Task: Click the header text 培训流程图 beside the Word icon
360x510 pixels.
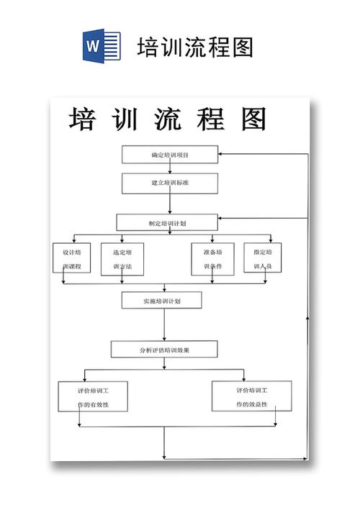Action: [x=195, y=47]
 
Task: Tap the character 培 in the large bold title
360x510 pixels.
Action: [x=85, y=119]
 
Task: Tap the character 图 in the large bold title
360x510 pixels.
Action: [x=254, y=119]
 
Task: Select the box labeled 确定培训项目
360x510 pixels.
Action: [x=170, y=155]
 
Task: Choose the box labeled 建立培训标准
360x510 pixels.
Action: [x=170, y=183]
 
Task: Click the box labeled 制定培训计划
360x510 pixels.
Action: [x=167, y=223]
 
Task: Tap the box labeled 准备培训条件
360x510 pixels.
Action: [x=212, y=259]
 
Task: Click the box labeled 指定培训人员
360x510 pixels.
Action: [x=262, y=259]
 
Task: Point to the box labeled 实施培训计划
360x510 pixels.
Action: [x=162, y=300]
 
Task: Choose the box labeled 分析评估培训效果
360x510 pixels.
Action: [x=164, y=350]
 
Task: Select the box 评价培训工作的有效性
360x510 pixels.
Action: [x=94, y=396]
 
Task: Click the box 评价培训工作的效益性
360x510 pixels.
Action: [x=252, y=396]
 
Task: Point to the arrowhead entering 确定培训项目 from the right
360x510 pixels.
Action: [x=221, y=154]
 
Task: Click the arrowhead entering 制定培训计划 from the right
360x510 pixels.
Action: [x=220, y=218]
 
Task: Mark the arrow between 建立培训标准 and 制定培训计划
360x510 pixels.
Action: [x=170, y=204]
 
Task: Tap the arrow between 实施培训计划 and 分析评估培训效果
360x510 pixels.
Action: [x=164, y=324]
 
